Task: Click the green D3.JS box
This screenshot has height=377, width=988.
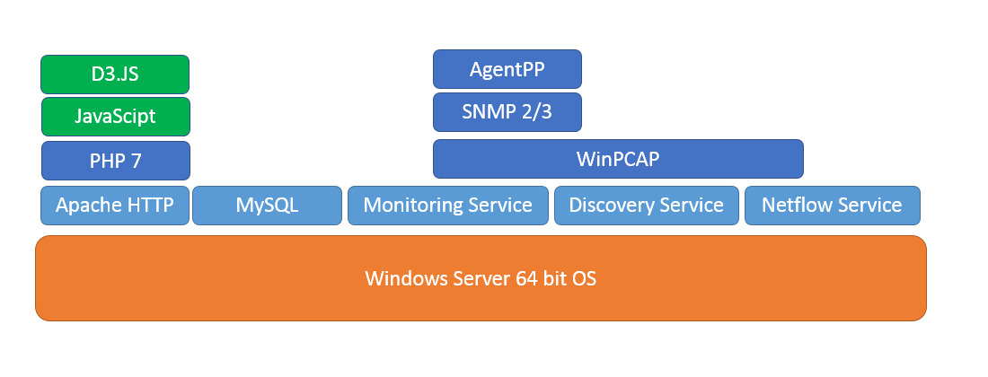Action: [115, 75]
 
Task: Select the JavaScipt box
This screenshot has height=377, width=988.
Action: [115, 117]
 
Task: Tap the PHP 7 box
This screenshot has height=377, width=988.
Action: [115, 161]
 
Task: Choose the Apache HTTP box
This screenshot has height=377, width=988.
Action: [115, 206]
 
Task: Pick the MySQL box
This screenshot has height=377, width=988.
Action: [267, 206]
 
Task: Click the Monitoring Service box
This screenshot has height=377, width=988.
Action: [448, 206]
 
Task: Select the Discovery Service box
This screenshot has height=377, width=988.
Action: [647, 206]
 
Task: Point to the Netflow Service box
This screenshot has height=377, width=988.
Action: [833, 206]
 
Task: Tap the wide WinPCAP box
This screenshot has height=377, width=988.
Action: [618, 159]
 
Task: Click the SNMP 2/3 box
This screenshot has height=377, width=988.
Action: [507, 112]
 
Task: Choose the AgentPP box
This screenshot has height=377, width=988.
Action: [507, 69]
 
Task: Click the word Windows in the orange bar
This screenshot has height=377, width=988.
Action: [406, 278]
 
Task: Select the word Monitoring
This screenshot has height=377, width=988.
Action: [410, 206]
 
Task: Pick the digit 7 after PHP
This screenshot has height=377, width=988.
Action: [137, 161]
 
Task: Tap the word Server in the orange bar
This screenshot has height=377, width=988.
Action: [481, 278]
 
